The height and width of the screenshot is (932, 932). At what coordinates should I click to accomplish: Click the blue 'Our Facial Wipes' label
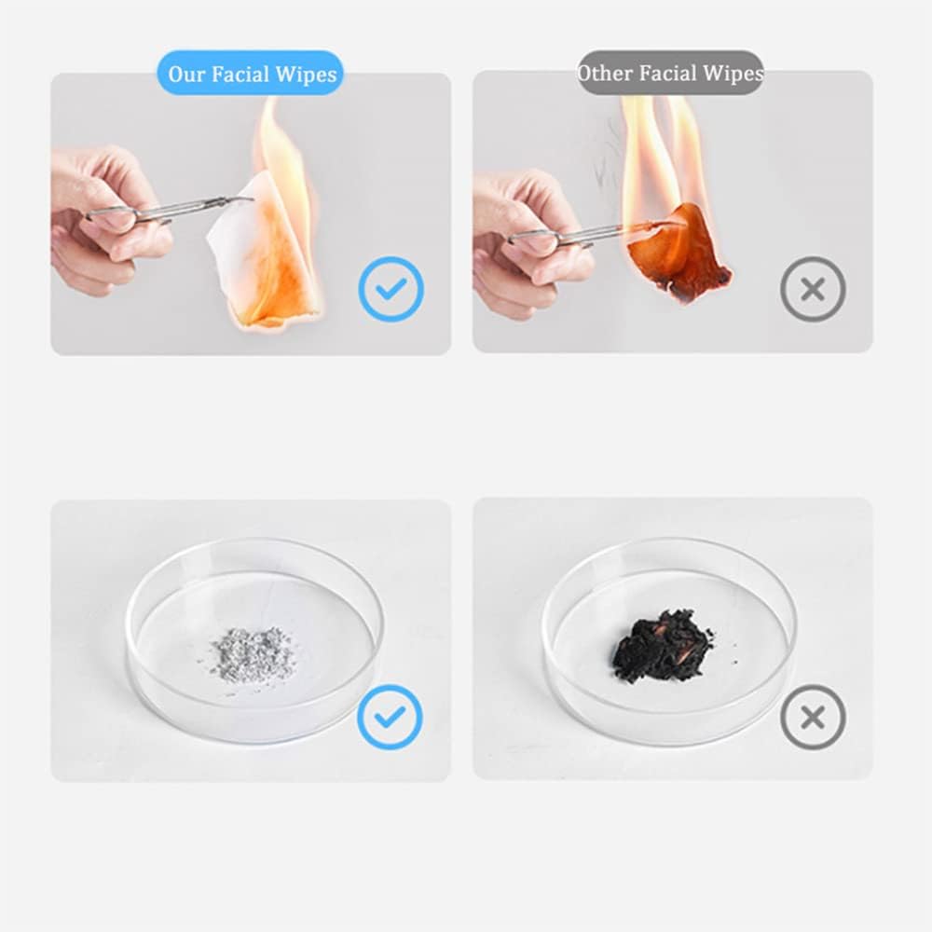(250, 73)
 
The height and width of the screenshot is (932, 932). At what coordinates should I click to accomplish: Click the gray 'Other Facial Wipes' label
(670, 73)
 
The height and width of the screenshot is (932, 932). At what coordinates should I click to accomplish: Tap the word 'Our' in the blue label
(186, 75)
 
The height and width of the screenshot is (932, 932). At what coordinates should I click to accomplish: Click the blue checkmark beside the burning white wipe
(391, 290)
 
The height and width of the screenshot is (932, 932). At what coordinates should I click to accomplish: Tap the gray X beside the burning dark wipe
(813, 290)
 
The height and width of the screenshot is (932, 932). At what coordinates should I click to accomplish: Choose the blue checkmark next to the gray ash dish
(390, 717)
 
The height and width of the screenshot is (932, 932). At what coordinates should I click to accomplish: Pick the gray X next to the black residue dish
(813, 717)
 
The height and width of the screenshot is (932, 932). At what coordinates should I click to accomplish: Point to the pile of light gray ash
(253, 654)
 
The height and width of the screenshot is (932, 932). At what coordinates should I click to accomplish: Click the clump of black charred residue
(663, 646)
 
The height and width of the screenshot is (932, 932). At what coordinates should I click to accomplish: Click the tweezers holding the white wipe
(170, 210)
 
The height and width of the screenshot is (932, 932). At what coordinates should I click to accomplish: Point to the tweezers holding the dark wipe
(595, 232)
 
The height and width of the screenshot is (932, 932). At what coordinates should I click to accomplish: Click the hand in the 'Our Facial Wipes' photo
(104, 220)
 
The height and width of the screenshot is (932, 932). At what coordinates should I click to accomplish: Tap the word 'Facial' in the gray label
(668, 73)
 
